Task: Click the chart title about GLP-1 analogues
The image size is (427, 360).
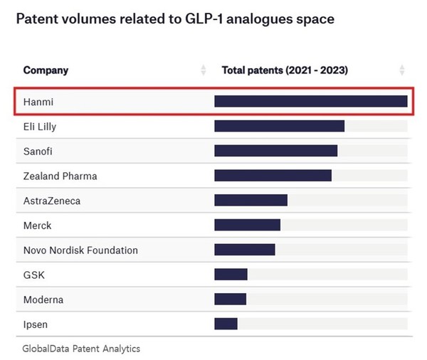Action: click(x=174, y=19)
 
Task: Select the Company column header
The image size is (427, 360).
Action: click(x=46, y=70)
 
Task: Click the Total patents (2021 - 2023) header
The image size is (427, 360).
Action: click(x=285, y=70)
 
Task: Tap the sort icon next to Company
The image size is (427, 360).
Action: click(x=204, y=70)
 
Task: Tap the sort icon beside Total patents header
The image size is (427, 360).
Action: click(x=402, y=70)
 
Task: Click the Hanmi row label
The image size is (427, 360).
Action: click(x=38, y=102)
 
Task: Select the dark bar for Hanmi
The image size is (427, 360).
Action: click(x=310, y=102)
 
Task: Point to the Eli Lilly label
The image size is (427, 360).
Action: click(x=40, y=127)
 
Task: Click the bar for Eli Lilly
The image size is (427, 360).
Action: click(x=279, y=127)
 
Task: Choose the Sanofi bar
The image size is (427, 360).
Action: click(x=275, y=151)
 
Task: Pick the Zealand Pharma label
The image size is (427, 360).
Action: click(x=60, y=176)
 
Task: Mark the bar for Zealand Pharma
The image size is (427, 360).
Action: click(x=273, y=176)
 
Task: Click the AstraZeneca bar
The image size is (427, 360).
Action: click(x=251, y=201)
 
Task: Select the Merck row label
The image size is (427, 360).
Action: click(x=38, y=226)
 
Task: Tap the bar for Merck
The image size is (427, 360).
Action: click(x=247, y=226)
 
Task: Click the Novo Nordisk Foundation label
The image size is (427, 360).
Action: click(x=80, y=250)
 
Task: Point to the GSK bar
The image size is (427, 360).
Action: click(x=231, y=275)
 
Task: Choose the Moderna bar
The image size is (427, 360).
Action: click(x=230, y=300)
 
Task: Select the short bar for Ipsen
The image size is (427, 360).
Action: click(x=226, y=324)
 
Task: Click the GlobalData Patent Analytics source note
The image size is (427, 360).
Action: click(x=81, y=349)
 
